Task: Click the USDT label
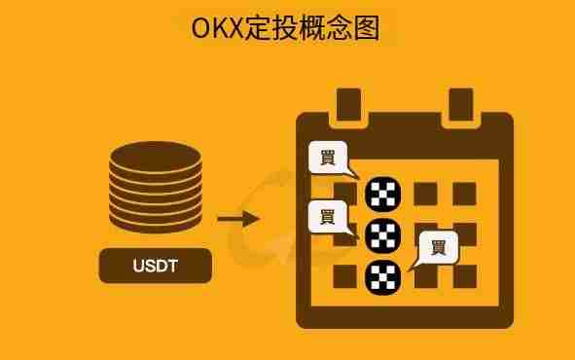coord(156,266)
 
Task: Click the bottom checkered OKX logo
coord(382,276)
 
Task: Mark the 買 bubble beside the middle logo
coord(326,216)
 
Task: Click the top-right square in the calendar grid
coord(464,194)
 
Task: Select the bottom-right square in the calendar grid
coord(464,276)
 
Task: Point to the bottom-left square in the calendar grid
coord(345,276)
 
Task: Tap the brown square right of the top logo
coord(425,194)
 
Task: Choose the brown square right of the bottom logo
coord(425,277)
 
